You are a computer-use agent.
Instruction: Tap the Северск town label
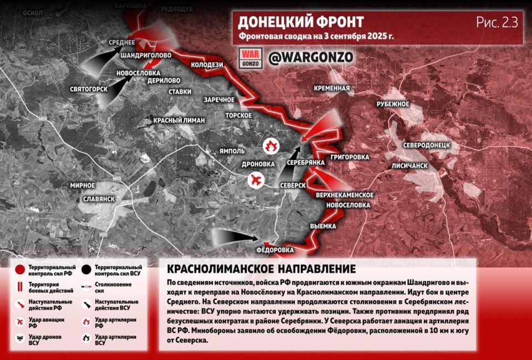point(293,185)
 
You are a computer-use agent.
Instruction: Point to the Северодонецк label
point(430,145)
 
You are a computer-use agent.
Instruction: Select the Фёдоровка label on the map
point(275,250)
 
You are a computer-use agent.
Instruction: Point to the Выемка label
point(324,226)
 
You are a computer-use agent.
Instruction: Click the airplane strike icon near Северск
point(255,181)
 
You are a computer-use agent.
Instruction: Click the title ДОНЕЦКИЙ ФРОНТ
point(301,22)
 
